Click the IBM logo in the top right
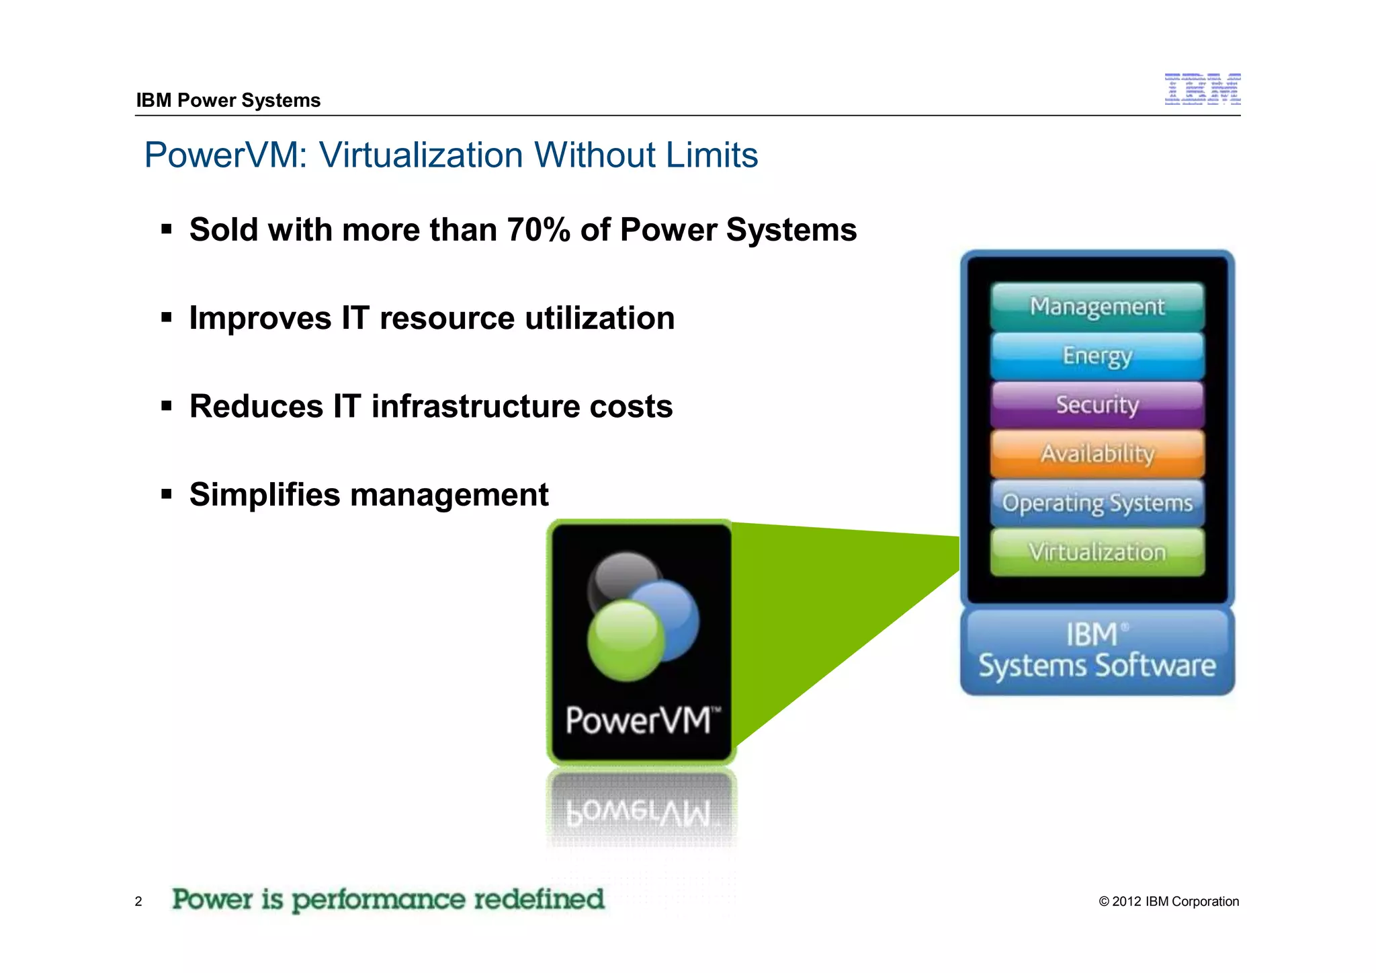[x=1202, y=89]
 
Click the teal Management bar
[x=1097, y=307]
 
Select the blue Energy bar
[x=1097, y=356]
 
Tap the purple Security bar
[x=1097, y=405]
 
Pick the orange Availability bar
[x=1097, y=454]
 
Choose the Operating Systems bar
[x=1097, y=503]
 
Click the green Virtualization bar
[x=1097, y=552]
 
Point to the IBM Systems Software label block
[x=1097, y=651]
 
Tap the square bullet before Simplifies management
[x=167, y=495]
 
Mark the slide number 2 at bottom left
[x=138, y=902]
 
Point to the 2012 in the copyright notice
[x=1127, y=902]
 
